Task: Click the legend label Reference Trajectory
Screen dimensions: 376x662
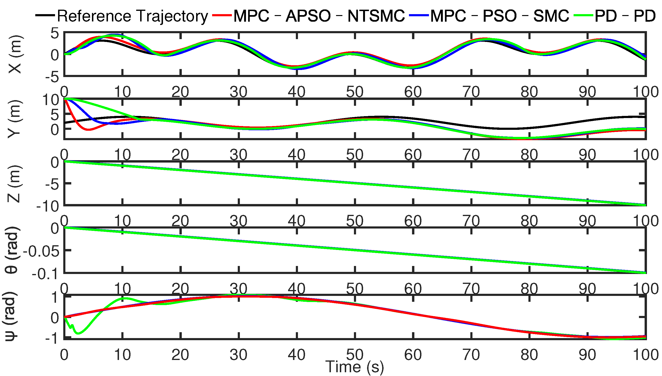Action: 132,16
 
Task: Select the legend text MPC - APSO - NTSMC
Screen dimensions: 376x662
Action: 319,16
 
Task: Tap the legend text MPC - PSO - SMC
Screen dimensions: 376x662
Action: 499,16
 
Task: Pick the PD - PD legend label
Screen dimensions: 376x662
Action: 625,16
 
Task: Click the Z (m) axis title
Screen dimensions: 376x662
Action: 14,184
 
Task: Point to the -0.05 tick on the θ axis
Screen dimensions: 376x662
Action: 41,251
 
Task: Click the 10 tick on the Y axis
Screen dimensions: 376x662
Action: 51,100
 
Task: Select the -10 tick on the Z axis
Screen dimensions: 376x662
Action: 48,206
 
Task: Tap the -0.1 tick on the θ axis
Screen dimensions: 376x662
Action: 45,274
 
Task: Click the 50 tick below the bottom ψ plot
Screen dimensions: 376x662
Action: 355,355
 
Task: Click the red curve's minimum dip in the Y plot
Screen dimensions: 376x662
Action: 88,130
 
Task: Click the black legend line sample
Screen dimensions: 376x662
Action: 45,16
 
